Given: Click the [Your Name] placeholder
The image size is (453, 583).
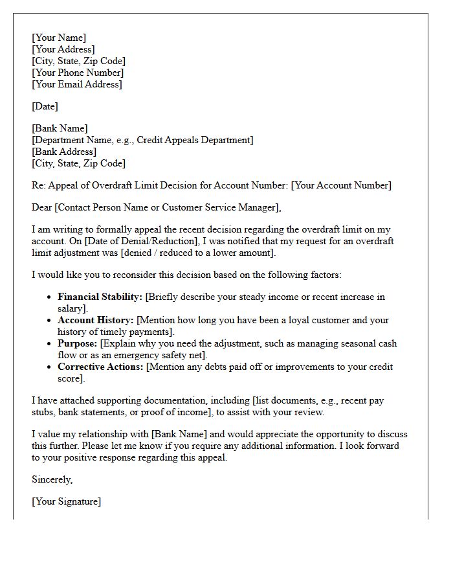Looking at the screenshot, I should pos(59,38).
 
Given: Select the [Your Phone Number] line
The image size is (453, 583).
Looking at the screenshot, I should pos(78,73).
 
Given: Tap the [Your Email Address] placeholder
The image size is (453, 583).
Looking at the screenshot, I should pos(76,84).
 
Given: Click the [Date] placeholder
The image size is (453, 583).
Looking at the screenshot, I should pos(45,106).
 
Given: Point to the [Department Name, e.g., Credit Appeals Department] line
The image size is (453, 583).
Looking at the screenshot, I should pos(142,140).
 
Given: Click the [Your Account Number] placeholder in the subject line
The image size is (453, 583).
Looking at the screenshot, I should pos(341,185).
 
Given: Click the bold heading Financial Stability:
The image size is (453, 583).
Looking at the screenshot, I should pos(100,297).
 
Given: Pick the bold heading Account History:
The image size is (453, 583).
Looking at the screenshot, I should pos(96,320).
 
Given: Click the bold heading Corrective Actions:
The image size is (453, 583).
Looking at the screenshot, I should pos(101,367).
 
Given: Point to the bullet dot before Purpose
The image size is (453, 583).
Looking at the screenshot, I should pos(49,344).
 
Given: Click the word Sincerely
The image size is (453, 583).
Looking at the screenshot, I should pos(52,479).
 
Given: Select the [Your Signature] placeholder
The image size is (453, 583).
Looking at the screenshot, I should pos(66,501).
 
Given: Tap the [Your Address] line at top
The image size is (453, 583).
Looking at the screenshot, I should pos(63,49).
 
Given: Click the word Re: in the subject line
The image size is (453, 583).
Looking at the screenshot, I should pos(38,185).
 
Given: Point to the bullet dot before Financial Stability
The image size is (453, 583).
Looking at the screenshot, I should pos(49,297).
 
